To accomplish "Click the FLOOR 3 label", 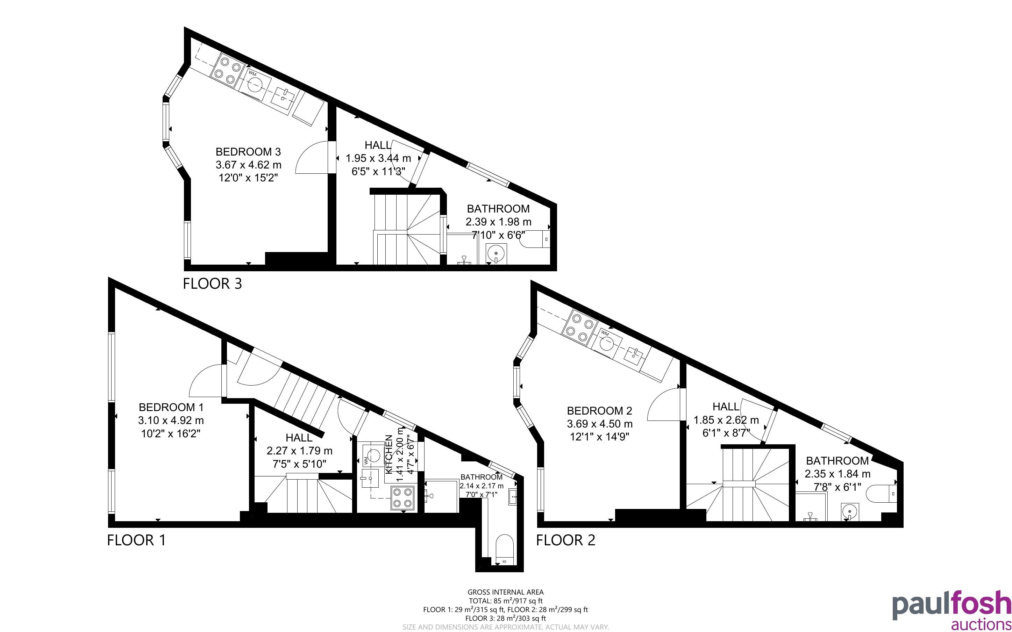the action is [x=212, y=284].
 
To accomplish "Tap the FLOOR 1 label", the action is [x=136, y=540].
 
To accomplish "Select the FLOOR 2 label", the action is [x=565, y=540].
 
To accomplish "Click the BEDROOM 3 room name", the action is [x=248, y=151].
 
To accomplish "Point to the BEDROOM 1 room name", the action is [x=171, y=407].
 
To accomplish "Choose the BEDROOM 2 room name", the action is [x=599, y=410].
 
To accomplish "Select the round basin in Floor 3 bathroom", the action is [x=496, y=253].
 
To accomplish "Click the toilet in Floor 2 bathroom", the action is [x=882, y=494].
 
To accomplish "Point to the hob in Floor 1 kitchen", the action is [x=402, y=498].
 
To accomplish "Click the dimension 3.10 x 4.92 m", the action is [x=171, y=420].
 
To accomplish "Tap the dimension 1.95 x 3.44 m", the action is [x=378, y=158].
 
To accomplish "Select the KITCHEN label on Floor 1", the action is [x=389, y=454].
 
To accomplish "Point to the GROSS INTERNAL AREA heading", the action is [x=505, y=592].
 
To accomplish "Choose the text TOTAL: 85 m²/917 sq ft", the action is [x=505, y=601].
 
